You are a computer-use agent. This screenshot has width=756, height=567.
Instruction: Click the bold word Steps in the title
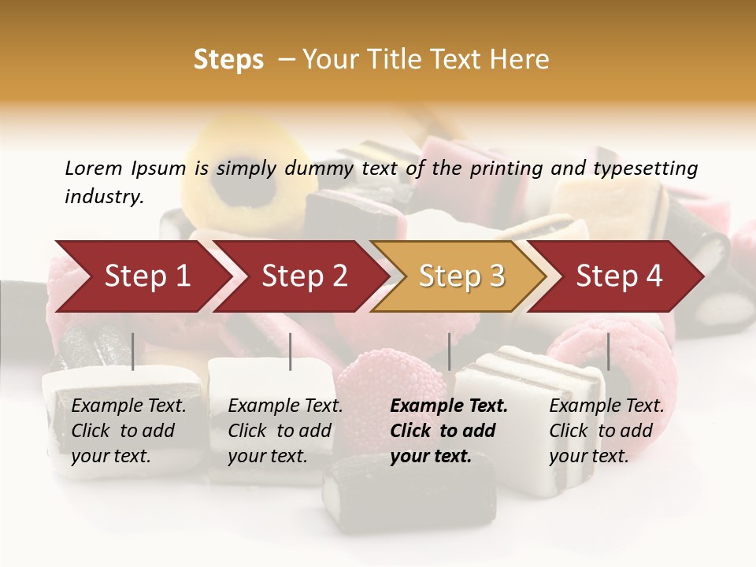[x=228, y=60]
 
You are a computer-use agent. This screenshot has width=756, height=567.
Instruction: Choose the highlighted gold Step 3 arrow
[x=461, y=276]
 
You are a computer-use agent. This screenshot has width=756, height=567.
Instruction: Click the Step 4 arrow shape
[x=619, y=276]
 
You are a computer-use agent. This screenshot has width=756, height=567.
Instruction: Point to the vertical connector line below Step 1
[x=133, y=351]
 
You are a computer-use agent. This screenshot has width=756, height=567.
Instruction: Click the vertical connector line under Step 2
[x=291, y=351]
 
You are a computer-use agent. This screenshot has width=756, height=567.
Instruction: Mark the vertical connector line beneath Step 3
[x=449, y=351]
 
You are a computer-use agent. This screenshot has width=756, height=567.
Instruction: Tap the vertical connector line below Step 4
[x=608, y=351]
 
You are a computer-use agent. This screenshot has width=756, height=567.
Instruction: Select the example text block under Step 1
[x=128, y=431]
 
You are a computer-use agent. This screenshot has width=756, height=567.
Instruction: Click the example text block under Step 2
[x=285, y=431]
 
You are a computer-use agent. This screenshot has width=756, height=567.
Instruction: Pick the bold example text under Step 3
[x=449, y=431]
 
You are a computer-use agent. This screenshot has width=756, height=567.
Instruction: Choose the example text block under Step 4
[x=606, y=431]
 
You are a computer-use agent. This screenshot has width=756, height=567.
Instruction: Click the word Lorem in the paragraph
[x=94, y=168]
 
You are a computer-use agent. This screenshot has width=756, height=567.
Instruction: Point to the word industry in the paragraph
[x=104, y=197]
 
